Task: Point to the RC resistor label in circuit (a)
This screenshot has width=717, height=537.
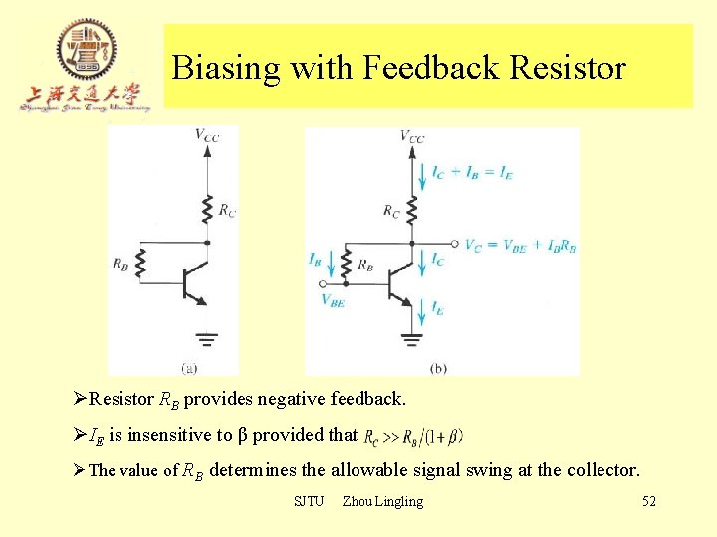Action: click(x=227, y=209)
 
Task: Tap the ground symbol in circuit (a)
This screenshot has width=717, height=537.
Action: click(x=206, y=339)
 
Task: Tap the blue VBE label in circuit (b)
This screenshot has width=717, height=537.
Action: click(x=333, y=301)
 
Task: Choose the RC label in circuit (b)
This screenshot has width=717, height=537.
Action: click(x=391, y=210)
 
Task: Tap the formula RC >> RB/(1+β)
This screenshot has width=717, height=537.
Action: click(x=413, y=436)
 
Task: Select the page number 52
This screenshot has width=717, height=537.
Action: click(x=649, y=501)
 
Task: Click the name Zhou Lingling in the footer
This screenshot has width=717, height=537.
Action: click(x=382, y=501)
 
